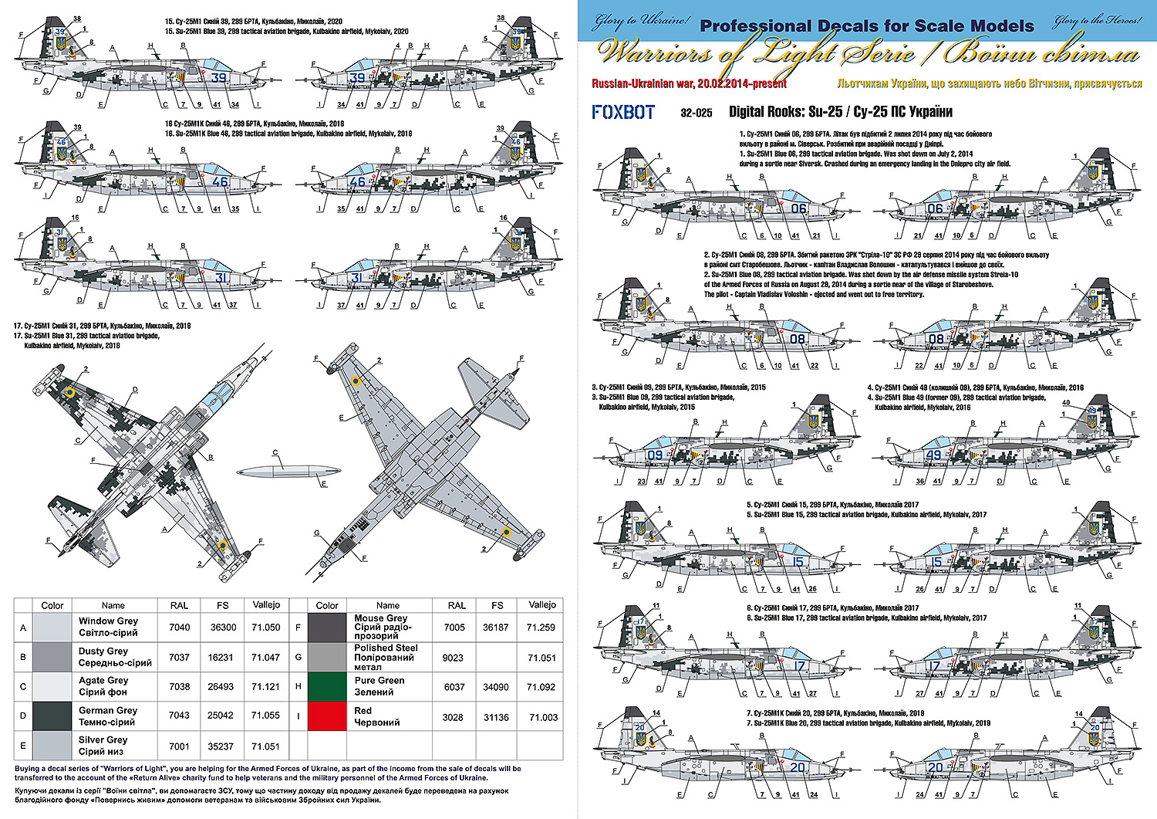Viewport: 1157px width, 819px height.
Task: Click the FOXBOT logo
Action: point(623,113)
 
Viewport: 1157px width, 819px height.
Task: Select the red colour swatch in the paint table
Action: point(327,716)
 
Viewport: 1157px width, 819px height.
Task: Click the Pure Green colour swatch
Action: point(327,686)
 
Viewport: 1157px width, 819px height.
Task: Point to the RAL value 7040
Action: point(179,628)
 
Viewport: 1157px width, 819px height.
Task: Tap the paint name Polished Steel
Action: point(385,648)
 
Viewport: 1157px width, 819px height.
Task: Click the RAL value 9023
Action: point(454,658)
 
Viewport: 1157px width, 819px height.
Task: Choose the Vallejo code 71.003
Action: point(543,717)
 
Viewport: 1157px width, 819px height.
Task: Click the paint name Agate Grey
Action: point(103,681)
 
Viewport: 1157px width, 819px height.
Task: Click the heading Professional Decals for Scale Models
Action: point(866,26)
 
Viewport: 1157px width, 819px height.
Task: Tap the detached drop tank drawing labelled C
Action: point(286,469)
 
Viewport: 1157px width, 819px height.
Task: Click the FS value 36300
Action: point(223,628)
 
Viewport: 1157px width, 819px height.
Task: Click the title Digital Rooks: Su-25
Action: point(785,113)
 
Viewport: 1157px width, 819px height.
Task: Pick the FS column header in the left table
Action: point(223,606)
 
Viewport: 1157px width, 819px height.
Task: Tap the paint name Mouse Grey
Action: point(380,618)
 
